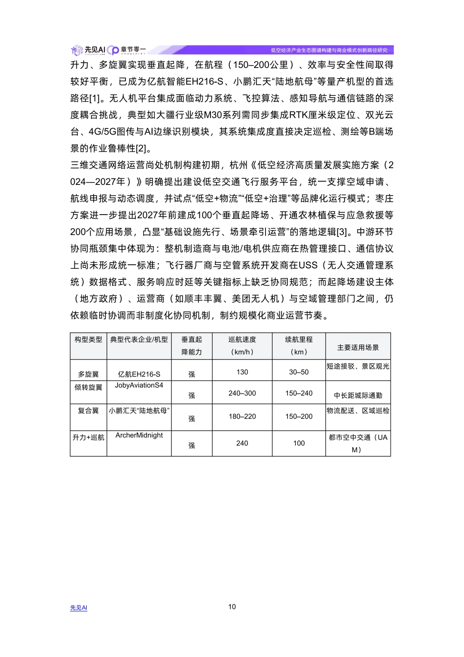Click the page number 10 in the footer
[x=232, y=607]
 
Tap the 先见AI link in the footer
[x=79, y=608]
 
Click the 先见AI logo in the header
[x=89, y=50]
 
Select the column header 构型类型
[x=89, y=340]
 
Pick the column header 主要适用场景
[x=358, y=347]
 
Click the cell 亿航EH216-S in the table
[x=139, y=374]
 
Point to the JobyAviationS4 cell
[x=139, y=385]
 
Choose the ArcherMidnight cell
[x=139, y=435]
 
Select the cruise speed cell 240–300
[x=242, y=393]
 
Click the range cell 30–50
[x=299, y=372]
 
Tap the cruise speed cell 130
[x=242, y=372]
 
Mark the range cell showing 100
[x=299, y=443]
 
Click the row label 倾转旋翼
[x=89, y=387]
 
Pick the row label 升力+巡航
[x=89, y=437]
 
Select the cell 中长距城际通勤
[x=358, y=395]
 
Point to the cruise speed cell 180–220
[x=242, y=416]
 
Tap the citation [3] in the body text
[x=342, y=232]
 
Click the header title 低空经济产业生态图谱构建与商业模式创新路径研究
[x=329, y=50]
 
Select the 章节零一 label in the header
[x=133, y=49]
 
